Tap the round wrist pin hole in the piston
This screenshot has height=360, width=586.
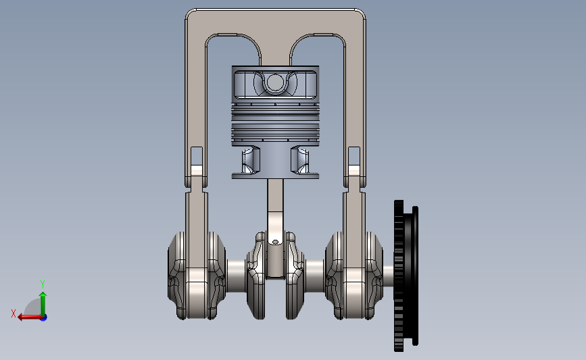tap(275, 82)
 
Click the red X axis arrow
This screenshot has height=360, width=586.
tap(30, 317)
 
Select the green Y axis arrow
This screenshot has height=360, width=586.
tap(43, 305)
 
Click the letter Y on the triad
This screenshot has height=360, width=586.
tap(42, 284)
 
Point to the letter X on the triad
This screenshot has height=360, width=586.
tap(14, 313)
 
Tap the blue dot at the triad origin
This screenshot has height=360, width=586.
tap(44, 318)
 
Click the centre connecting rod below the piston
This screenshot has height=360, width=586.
tap(275, 228)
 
